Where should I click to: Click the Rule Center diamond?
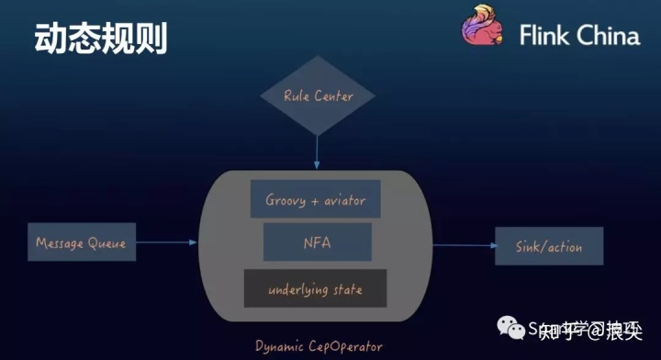(x=318, y=96)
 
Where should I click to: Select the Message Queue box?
(x=81, y=243)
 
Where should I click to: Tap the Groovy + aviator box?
(x=315, y=199)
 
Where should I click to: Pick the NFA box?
(x=316, y=243)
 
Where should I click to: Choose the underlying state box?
(x=315, y=289)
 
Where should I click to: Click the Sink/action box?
(x=550, y=246)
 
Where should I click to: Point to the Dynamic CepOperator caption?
(x=319, y=346)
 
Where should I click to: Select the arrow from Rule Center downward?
(x=318, y=147)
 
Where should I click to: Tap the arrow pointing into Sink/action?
(x=464, y=246)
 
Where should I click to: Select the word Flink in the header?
(x=545, y=36)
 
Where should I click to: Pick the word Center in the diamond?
(x=332, y=96)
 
